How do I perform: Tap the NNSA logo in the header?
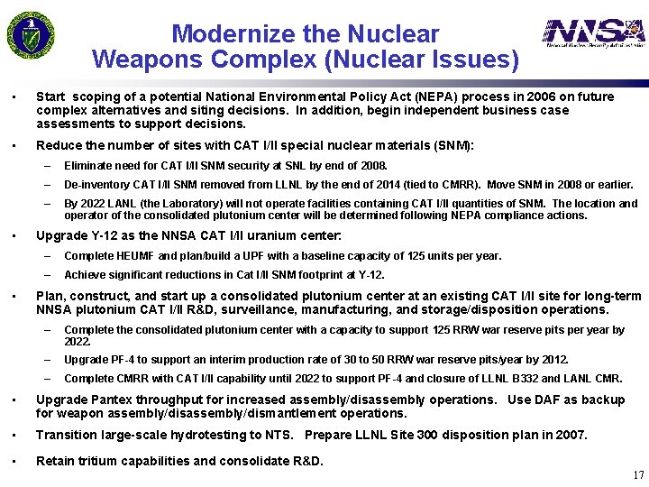pos(593,33)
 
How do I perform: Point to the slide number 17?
pos(638,475)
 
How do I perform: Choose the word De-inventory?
pos(97,185)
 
